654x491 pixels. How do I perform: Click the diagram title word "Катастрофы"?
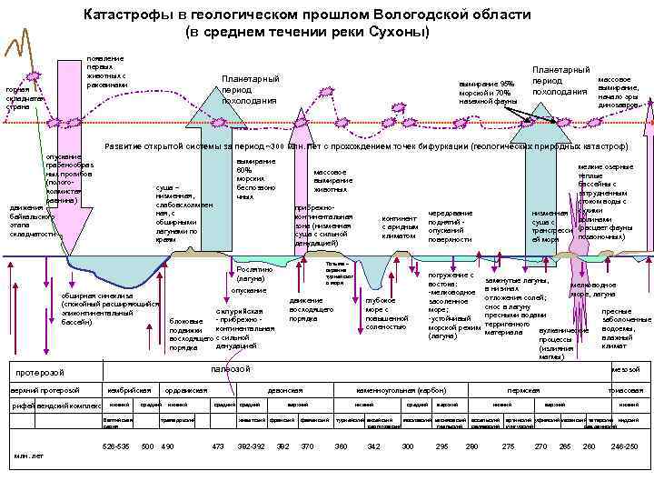[123, 15]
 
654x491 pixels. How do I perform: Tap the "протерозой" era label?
[43, 373]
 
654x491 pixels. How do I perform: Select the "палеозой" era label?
[231, 369]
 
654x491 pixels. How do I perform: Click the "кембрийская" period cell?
[127, 389]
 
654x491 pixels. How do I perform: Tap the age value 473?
[217, 446]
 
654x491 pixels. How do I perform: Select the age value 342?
[373, 446]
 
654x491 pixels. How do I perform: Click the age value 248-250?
[624, 446]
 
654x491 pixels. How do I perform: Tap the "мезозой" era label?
[625, 370]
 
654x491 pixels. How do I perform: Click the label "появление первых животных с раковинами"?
[106, 71]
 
